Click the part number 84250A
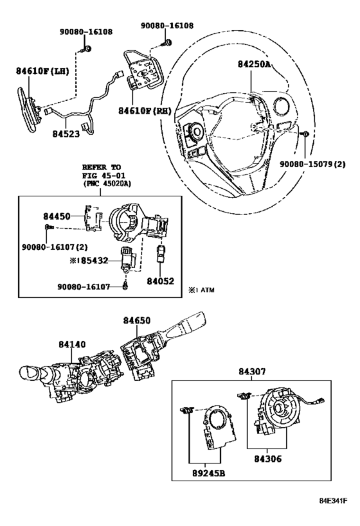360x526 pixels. tap(254, 64)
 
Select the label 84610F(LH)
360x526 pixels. tap(42, 71)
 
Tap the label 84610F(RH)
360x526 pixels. tap(145, 110)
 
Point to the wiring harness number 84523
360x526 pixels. tap(66, 134)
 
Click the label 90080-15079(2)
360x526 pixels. tap(312, 164)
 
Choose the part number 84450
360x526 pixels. tap(57, 216)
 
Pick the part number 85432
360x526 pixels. tap(94, 260)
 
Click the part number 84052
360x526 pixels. tap(161, 281)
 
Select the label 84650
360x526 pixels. tap(136, 320)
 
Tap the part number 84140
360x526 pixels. tap(72, 344)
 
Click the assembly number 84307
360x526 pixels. tap(252, 371)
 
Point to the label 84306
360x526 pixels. tap(267, 459)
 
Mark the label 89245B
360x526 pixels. tap(208, 473)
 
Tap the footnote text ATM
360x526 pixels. tap(207, 290)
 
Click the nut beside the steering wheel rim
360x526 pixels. tap(305, 134)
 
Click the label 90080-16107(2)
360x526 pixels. tap(55, 247)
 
